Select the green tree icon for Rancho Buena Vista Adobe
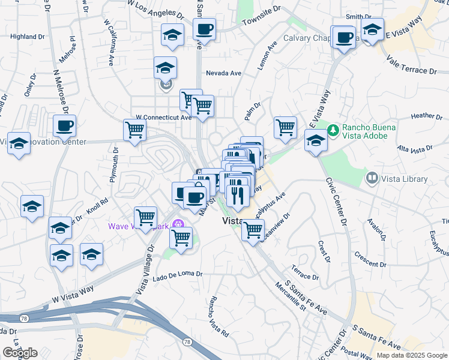[333, 129]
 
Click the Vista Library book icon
[372, 178]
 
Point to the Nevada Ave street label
[223, 73]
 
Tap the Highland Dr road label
[28, 37]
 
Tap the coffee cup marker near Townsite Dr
[204, 29]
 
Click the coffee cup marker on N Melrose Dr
[64, 126]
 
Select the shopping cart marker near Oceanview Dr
[253, 229]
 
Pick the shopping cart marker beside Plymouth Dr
[135, 129]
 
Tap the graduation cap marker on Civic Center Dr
[316, 142]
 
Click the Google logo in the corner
[20, 353]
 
